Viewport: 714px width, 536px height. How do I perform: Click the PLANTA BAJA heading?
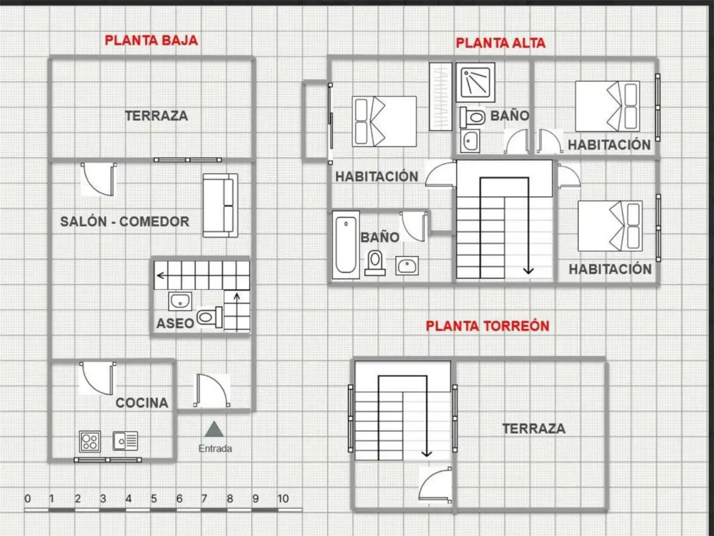click(151, 40)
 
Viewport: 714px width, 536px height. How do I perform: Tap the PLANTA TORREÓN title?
click(487, 326)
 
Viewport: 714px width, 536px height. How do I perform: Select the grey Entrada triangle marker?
click(214, 429)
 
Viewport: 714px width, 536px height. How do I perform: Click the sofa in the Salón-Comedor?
click(220, 205)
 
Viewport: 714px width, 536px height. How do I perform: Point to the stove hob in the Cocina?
click(90, 442)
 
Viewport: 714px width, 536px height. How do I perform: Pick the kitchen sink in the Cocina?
click(125, 441)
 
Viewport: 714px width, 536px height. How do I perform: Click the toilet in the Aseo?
click(210, 317)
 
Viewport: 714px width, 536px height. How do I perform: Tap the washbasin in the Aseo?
click(180, 301)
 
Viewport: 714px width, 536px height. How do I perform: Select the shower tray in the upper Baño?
click(475, 82)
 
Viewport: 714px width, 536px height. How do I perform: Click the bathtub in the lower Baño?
click(346, 245)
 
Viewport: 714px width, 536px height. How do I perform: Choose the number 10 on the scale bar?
click(283, 498)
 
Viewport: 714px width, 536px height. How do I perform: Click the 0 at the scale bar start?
click(28, 498)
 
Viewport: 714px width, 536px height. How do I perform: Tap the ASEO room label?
click(175, 324)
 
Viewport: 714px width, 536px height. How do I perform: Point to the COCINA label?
click(142, 403)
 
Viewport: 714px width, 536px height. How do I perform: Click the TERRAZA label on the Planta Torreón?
click(534, 429)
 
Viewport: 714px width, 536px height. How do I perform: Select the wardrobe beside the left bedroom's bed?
click(440, 97)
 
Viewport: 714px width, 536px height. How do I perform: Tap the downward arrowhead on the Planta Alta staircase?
click(528, 270)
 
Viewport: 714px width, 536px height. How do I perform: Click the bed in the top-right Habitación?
click(607, 106)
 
